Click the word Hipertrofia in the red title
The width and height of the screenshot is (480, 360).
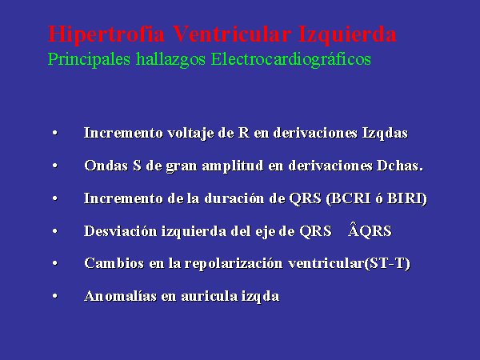click(x=106, y=34)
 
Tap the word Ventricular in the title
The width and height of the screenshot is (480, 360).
click(x=231, y=33)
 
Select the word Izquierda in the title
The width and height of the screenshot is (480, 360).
click(x=347, y=34)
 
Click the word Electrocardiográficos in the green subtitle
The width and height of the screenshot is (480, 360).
click(x=291, y=59)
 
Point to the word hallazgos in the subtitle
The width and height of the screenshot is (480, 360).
click(x=170, y=59)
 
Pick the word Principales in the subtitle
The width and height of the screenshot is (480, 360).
click(x=89, y=59)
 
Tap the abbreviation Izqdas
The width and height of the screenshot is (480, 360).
click(x=385, y=134)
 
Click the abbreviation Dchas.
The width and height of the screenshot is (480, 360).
click(x=400, y=166)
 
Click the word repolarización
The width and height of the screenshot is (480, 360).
click(x=234, y=264)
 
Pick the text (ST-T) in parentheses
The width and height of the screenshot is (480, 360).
click(x=387, y=263)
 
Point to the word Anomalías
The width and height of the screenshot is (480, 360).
click(x=120, y=296)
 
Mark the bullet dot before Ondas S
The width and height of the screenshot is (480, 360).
click(x=55, y=166)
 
